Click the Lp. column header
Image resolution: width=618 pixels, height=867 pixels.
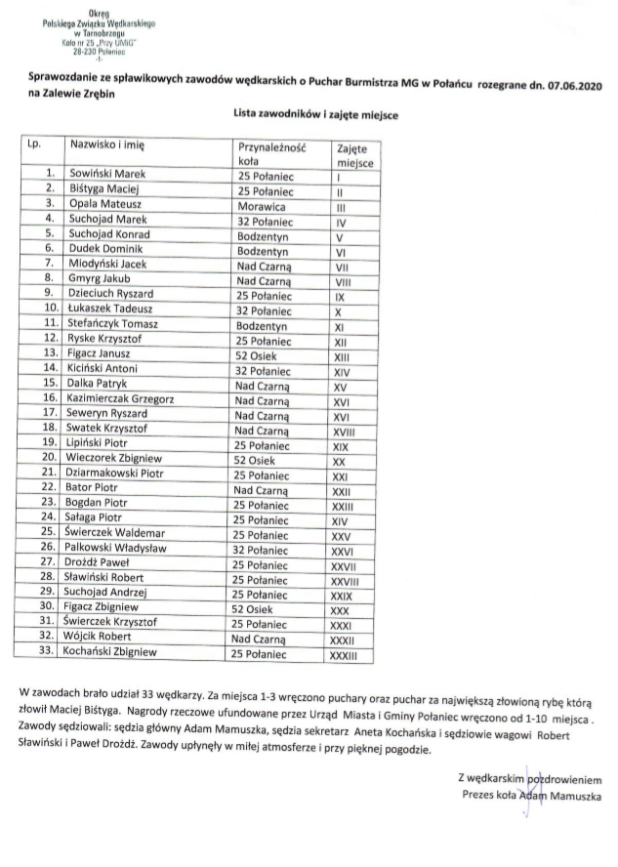[x=35, y=144]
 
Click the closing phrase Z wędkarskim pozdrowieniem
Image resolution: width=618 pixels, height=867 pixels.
[x=530, y=778]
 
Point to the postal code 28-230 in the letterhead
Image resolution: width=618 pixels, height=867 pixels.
[x=85, y=52]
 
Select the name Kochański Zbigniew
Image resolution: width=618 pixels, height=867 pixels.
[x=114, y=649]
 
